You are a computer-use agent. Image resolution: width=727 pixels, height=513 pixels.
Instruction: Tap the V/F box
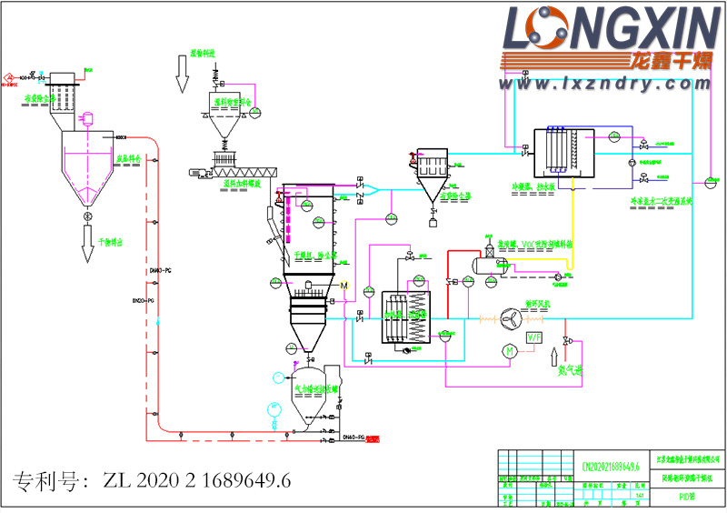(x=534, y=339)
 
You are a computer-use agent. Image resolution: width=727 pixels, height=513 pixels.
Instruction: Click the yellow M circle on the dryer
(x=344, y=287)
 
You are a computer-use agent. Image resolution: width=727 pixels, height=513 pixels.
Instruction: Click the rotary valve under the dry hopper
(x=88, y=218)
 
